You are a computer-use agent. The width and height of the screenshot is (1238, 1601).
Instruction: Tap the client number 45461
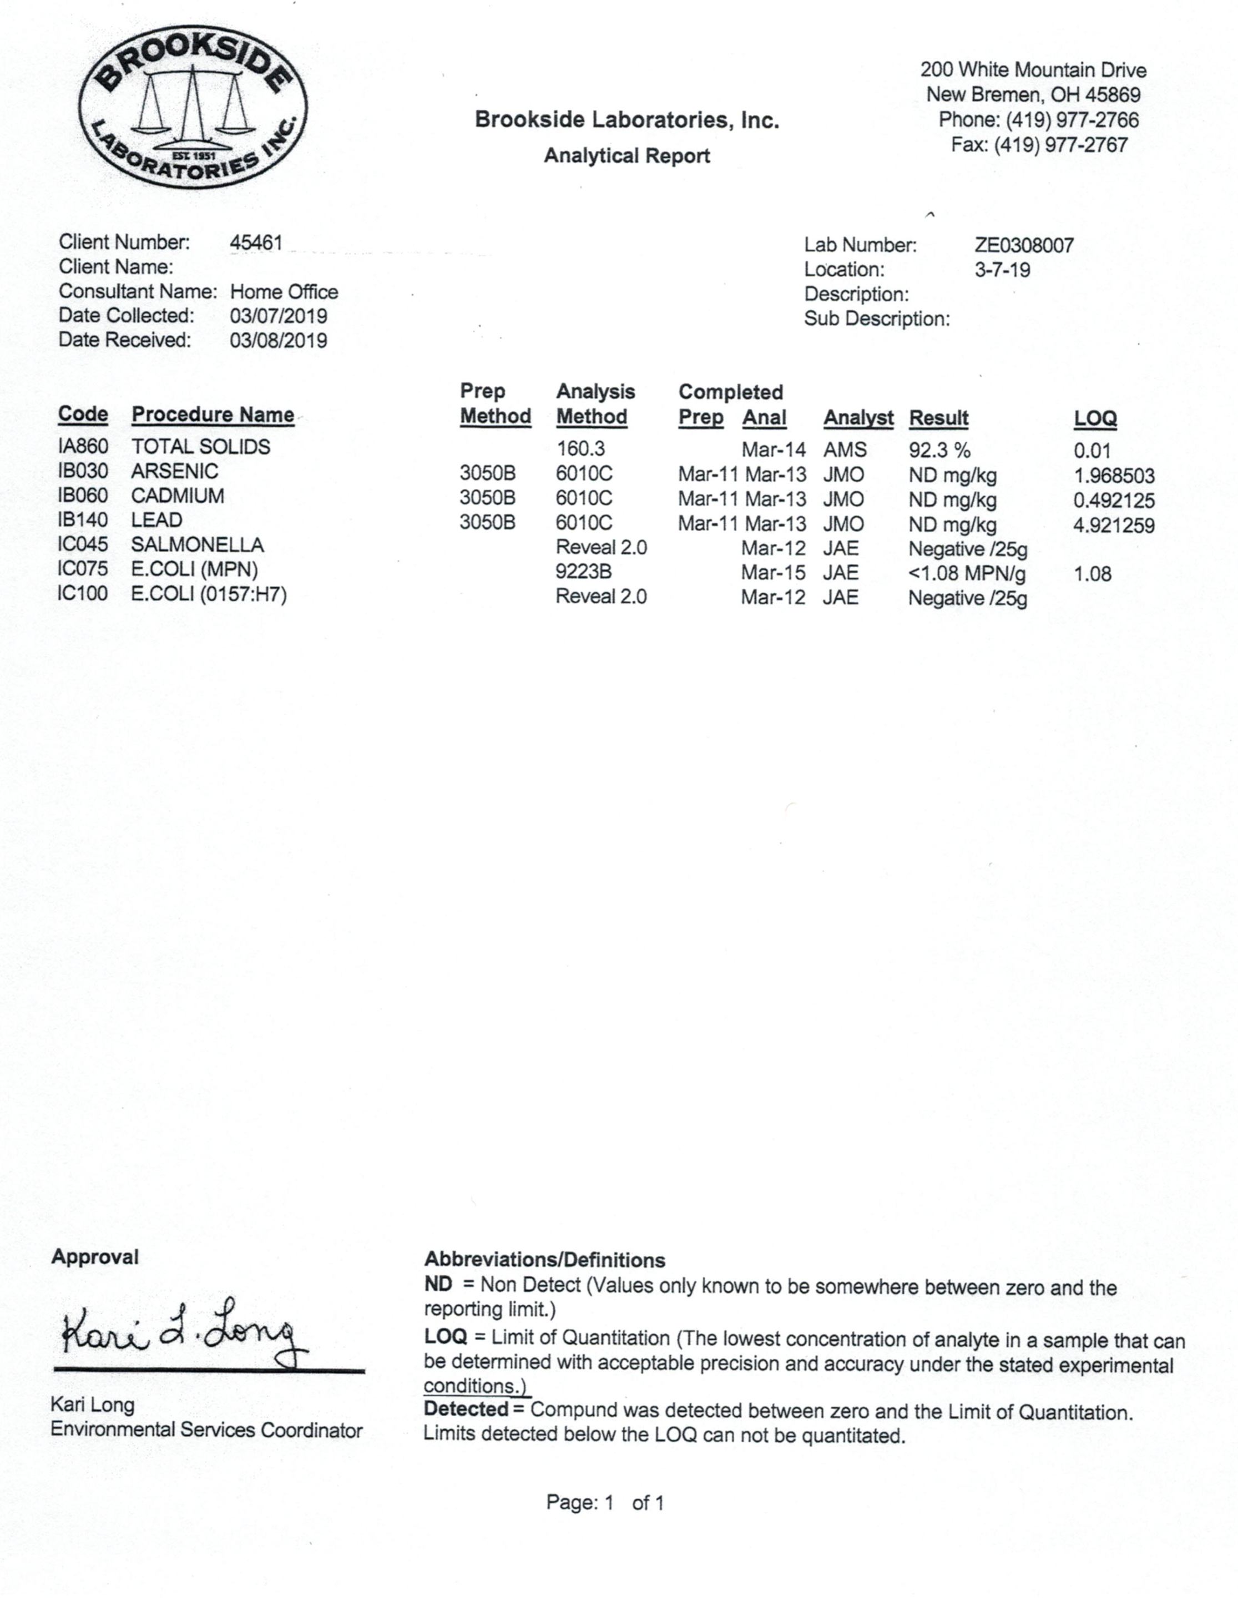(256, 243)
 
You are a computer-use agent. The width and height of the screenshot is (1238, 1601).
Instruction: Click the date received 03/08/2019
(279, 341)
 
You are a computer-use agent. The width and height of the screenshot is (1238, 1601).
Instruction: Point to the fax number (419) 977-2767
(1039, 145)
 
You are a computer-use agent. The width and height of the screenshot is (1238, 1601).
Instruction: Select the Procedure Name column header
(213, 415)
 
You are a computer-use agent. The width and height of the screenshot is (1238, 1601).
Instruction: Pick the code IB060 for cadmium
(83, 496)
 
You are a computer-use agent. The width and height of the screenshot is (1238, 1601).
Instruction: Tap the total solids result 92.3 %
(939, 450)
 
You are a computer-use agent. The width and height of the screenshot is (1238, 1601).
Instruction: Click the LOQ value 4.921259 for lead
(1113, 526)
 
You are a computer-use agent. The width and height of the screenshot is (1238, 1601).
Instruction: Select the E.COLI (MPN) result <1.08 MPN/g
(967, 573)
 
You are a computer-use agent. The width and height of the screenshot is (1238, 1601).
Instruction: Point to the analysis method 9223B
(583, 572)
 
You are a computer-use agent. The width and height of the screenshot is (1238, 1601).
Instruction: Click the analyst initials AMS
(845, 450)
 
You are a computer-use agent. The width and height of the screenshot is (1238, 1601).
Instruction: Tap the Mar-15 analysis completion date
(772, 573)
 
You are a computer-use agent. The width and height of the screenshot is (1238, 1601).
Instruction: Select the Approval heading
(94, 1257)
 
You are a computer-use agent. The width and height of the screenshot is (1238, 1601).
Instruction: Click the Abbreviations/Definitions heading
(544, 1260)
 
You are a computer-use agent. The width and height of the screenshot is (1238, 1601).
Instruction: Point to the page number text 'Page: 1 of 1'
(605, 1503)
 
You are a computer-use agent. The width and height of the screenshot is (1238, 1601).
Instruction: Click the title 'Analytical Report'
(626, 156)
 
